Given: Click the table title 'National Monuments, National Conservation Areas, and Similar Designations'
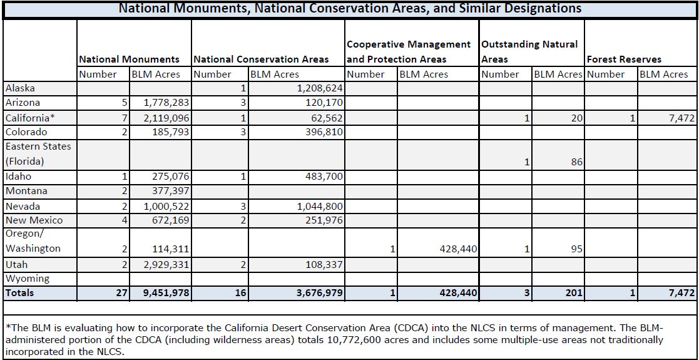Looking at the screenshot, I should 350,9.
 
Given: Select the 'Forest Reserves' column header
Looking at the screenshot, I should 624,59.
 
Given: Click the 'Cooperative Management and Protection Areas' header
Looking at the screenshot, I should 409,51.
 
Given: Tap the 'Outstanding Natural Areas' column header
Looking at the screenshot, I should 529,51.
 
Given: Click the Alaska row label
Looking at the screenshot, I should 19,88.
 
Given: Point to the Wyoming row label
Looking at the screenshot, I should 27,279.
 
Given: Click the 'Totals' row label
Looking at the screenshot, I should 19,292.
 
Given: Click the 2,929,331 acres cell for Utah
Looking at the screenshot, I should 166,265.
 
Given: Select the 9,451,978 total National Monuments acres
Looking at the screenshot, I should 166,293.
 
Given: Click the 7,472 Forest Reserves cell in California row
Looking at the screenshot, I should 680,118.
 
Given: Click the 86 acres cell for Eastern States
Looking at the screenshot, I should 576,162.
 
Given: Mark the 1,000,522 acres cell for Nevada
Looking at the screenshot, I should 166,207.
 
